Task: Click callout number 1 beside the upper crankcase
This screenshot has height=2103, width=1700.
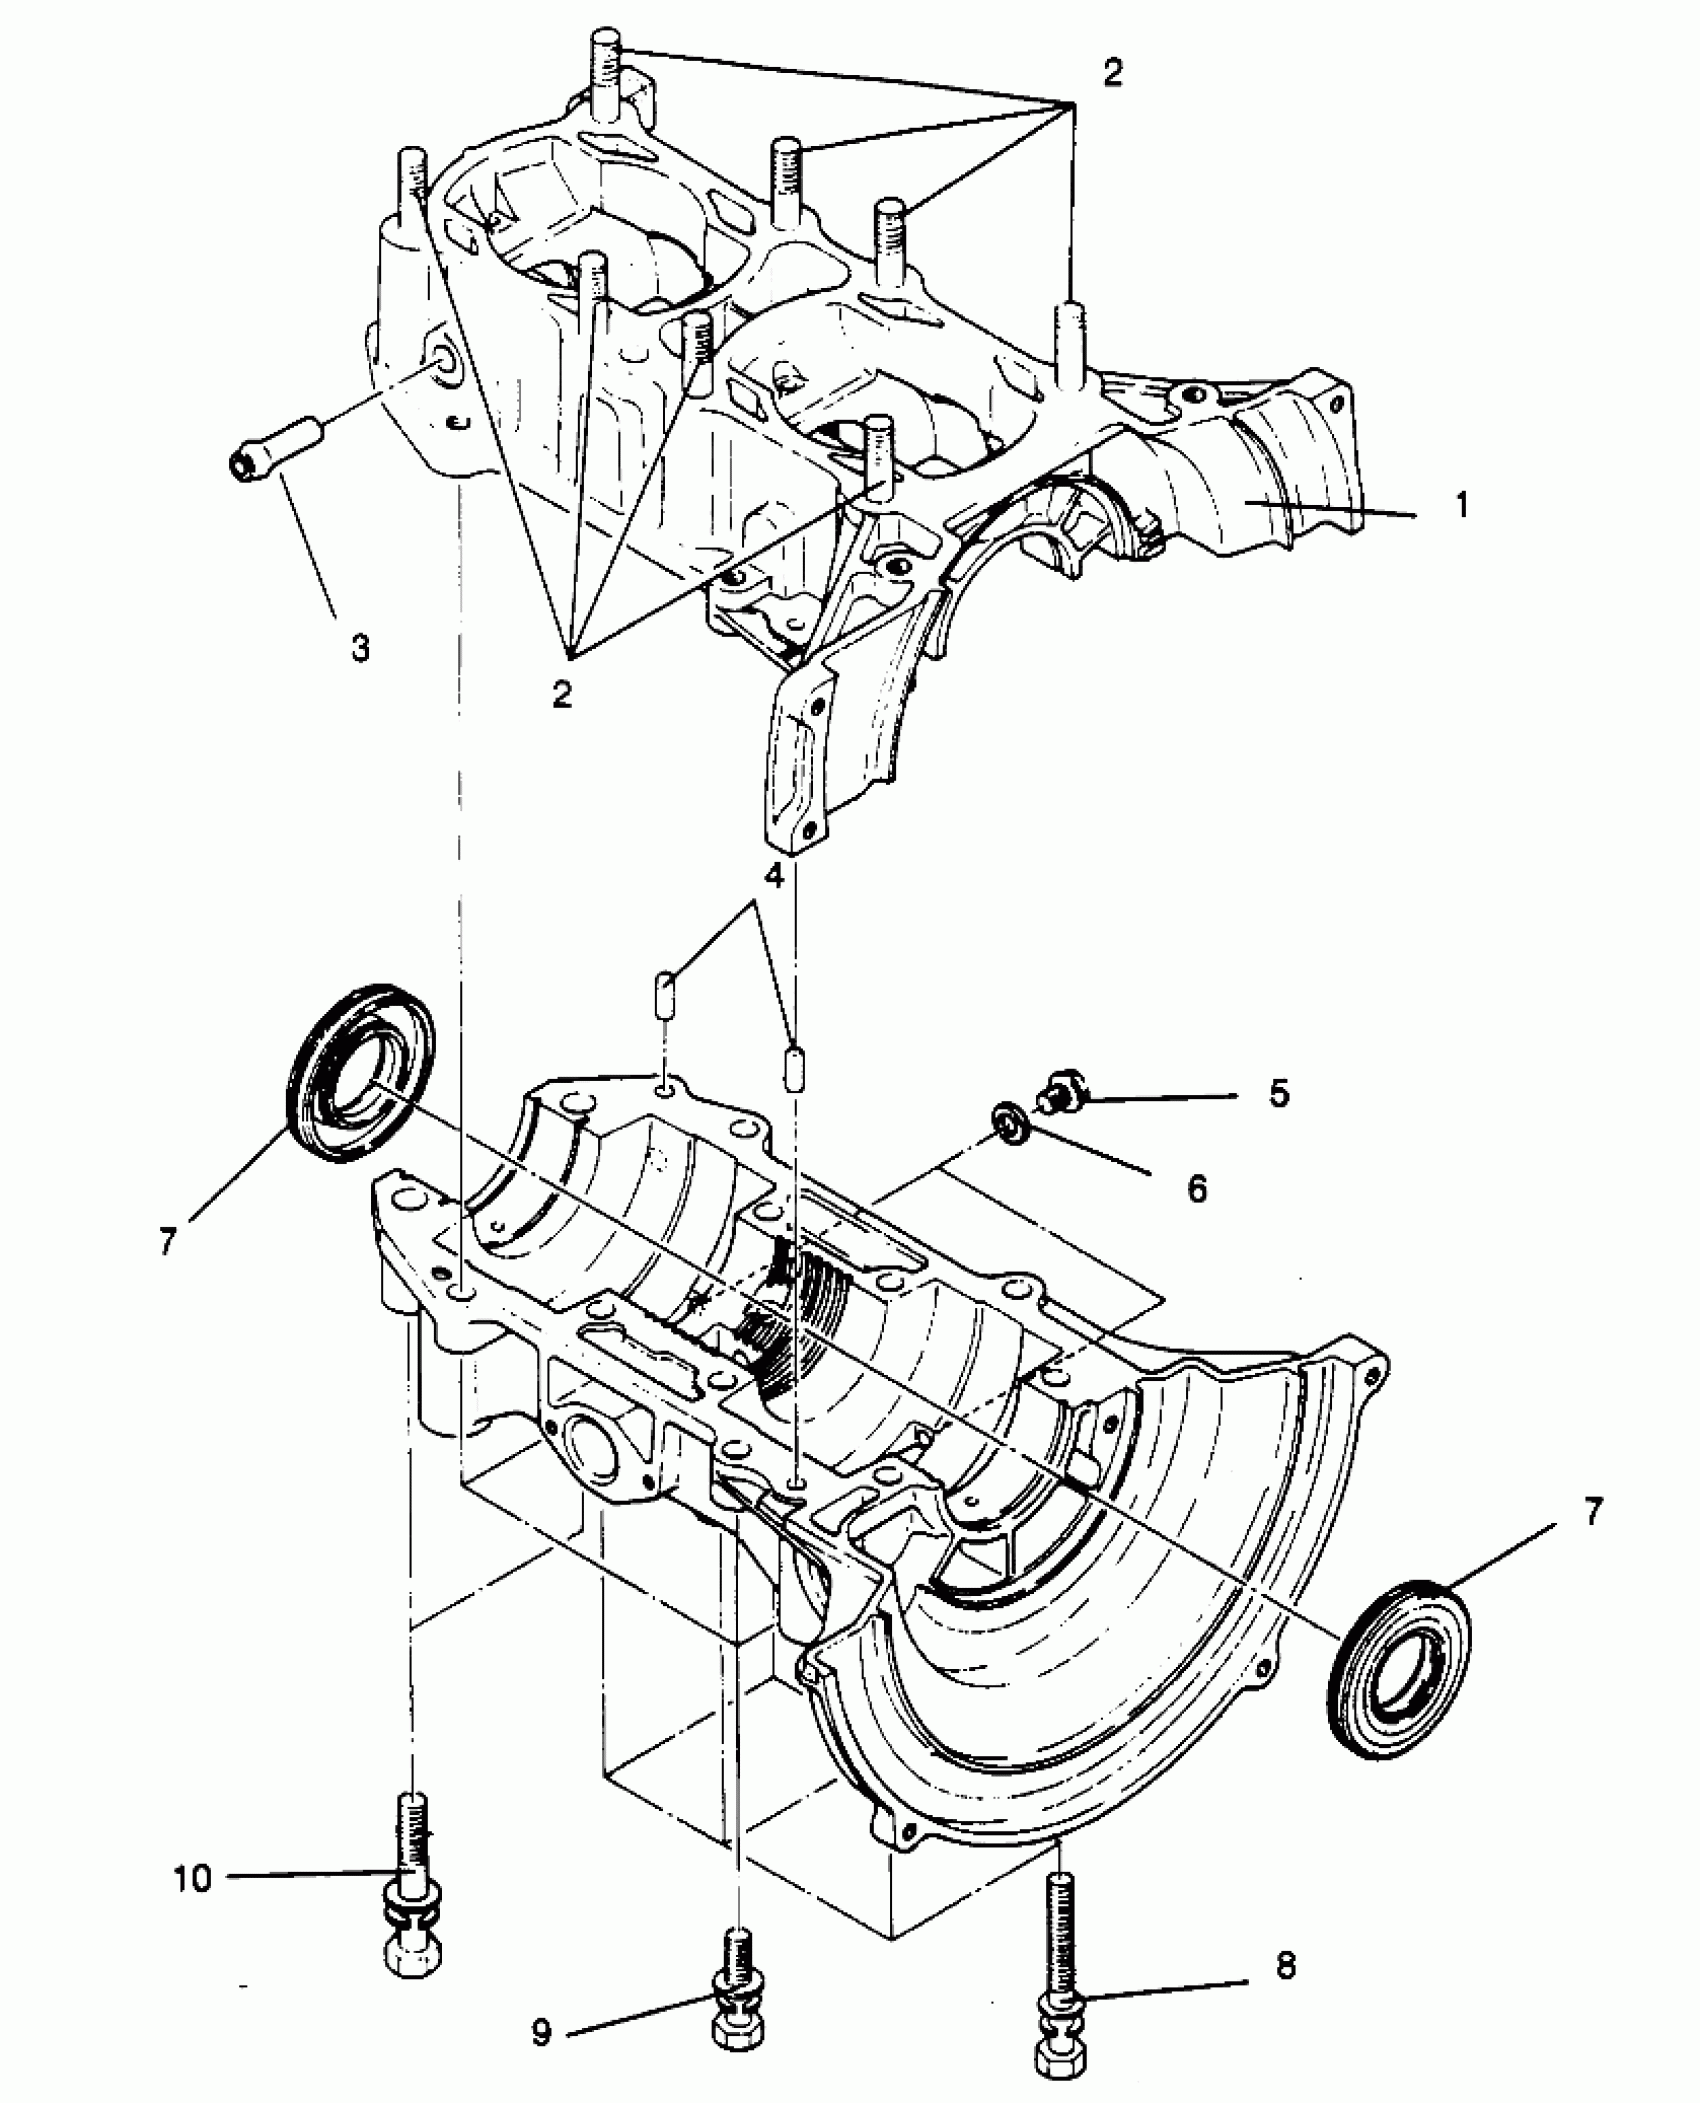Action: (x=1461, y=506)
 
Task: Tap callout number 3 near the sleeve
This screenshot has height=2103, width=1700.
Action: (x=360, y=647)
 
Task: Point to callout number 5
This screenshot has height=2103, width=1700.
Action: (x=1279, y=1094)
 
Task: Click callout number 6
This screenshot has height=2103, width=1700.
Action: (x=1197, y=1188)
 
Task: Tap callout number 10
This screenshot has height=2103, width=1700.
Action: (x=193, y=1878)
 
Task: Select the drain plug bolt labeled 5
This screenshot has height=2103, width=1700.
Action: (x=1062, y=1090)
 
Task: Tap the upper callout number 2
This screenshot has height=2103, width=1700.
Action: (x=1112, y=72)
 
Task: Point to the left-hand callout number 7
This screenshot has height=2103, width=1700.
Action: (x=167, y=1241)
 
